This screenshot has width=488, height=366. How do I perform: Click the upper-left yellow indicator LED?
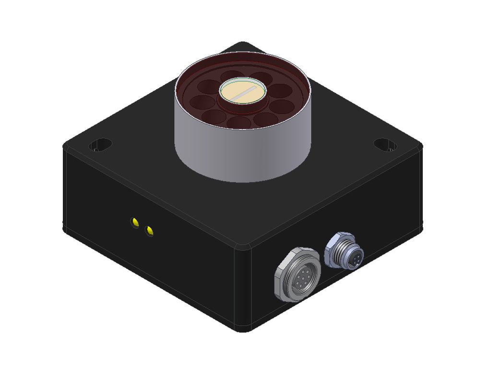[135, 222]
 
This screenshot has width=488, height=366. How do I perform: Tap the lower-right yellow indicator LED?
[150, 232]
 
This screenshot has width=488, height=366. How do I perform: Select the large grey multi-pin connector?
[298, 274]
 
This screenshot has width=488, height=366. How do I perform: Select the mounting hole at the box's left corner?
[100, 143]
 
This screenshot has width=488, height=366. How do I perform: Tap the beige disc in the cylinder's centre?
[242, 91]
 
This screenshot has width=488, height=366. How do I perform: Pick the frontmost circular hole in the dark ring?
[238, 123]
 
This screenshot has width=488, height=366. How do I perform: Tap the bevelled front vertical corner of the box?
[244, 288]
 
